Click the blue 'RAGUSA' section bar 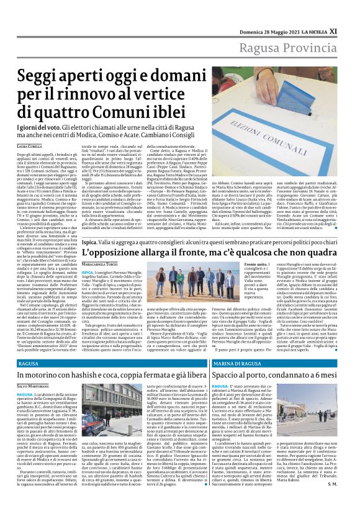112,363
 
